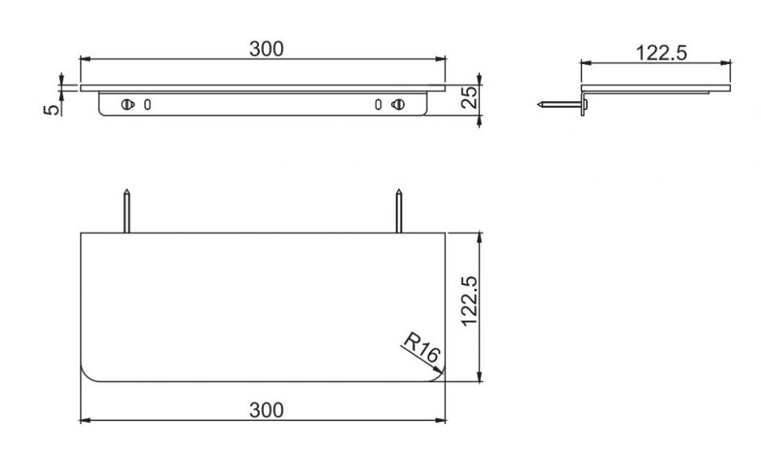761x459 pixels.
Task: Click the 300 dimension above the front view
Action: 266,49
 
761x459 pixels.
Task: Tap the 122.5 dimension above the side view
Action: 662,53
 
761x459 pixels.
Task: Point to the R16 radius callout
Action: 420,351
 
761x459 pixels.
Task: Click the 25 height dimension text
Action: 469,99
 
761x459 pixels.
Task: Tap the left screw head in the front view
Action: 127,104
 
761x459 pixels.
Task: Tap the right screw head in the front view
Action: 397,104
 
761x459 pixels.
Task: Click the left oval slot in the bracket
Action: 147,104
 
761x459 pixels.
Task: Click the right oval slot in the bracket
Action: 377,104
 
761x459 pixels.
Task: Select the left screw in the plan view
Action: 127,211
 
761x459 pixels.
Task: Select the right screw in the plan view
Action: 398,211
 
